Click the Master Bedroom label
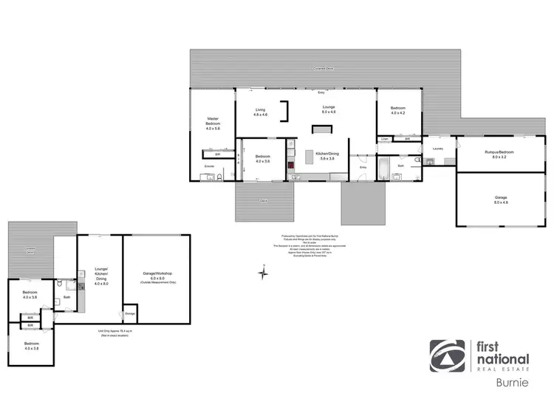coord(213,123)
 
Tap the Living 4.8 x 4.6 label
coord(260,112)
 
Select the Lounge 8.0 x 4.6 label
coord(329,110)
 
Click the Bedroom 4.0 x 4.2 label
coord(398,111)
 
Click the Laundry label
coord(438,148)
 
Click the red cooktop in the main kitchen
coord(310,156)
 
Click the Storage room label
coord(130,313)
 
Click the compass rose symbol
coord(262,274)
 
